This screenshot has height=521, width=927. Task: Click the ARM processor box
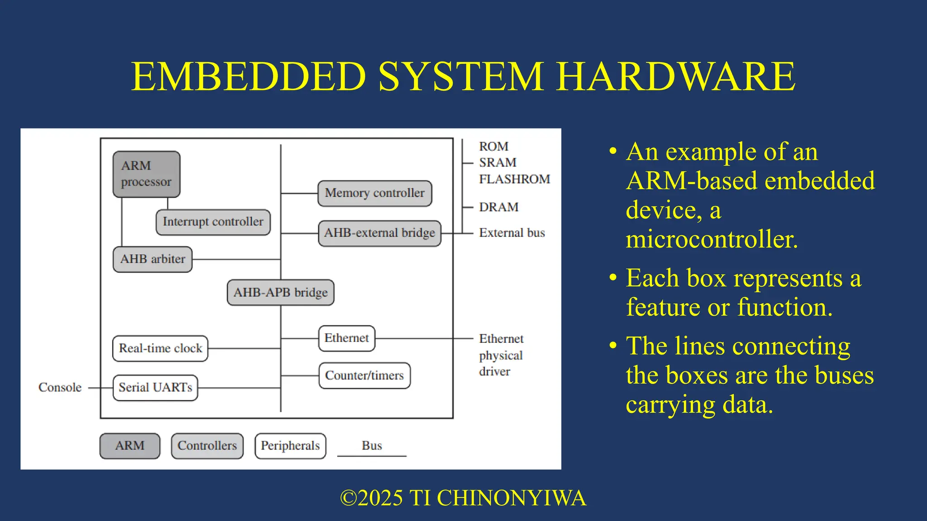point(146,174)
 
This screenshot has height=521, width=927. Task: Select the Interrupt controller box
point(213,222)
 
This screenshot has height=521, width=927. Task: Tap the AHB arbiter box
point(153,259)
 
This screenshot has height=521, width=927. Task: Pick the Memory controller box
point(374,193)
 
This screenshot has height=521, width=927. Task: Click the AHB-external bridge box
point(379,233)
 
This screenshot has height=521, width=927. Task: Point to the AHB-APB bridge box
point(280,293)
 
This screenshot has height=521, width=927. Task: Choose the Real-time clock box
point(160,348)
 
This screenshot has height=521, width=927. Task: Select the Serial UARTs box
point(155,388)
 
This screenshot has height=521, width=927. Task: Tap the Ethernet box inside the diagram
point(347,338)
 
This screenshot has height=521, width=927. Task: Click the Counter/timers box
point(364,375)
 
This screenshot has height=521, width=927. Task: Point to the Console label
point(60,388)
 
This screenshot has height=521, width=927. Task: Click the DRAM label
point(498,207)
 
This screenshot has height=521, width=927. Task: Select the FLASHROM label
point(514,179)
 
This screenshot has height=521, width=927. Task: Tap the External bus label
point(511,233)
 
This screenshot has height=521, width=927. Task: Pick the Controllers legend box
point(207,446)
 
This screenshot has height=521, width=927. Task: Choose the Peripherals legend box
point(290,446)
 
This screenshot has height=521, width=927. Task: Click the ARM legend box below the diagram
point(129,446)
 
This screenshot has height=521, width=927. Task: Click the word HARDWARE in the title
point(675,76)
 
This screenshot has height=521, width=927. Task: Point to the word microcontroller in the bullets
point(711,239)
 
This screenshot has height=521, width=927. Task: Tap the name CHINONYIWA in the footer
point(511,498)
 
